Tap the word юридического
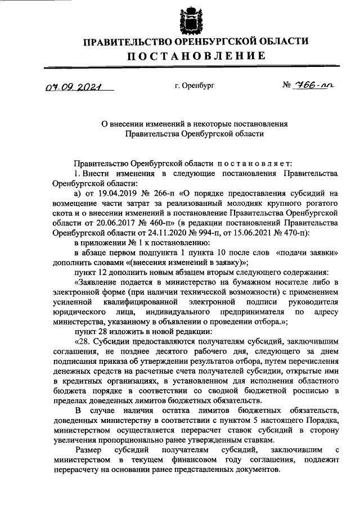tap(78, 315)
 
